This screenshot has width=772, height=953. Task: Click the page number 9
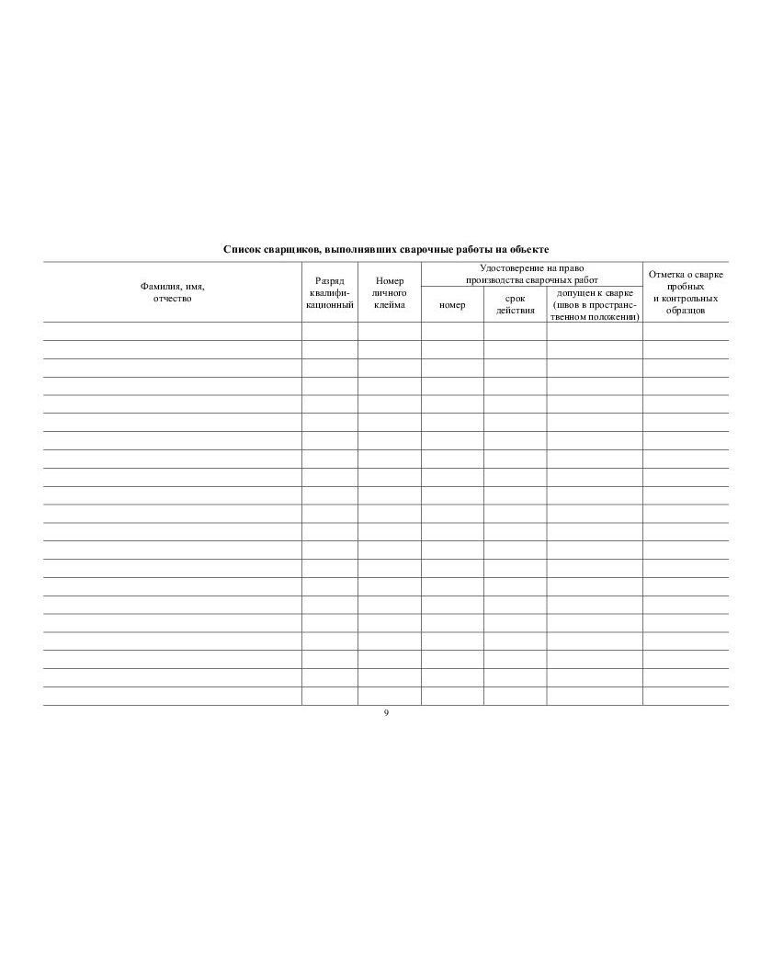pos(386,714)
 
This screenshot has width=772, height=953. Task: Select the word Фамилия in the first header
pos(157,287)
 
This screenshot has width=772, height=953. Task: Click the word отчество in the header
pos(172,299)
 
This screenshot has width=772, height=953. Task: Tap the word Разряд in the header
pos(330,280)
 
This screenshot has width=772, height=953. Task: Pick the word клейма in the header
pos(390,304)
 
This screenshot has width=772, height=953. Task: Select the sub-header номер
pos(452,304)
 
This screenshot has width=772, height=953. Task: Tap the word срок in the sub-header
pos(516,298)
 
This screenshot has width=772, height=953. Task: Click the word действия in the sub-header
pos(516,310)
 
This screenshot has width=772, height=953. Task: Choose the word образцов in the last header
pos(686,311)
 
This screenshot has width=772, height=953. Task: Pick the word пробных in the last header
pos(686,286)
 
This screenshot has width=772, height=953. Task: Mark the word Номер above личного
pos(390,280)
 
